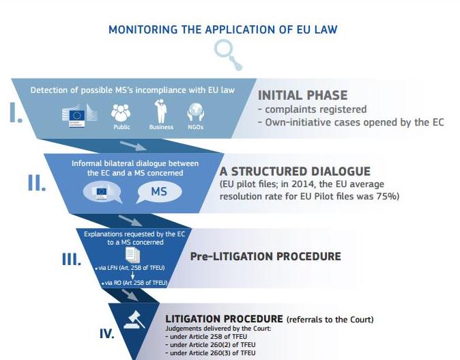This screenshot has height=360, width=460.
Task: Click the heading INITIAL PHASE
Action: (x=302, y=96)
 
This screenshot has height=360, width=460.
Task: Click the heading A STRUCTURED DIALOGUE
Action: (x=295, y=172)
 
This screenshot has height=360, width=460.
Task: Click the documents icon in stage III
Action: (x=132, y=256)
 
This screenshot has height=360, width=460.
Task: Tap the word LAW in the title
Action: (x=324, y=29)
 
